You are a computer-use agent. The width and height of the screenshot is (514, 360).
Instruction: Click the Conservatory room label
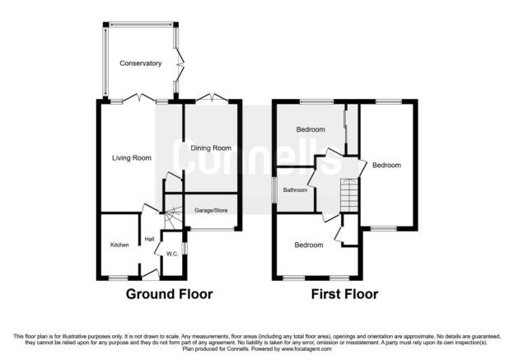pyautogui.click(x=140, y=63)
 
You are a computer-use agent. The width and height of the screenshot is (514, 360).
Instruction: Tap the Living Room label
pyautogui.click(x=132, y=158)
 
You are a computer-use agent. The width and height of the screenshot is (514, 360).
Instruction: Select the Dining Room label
pyautogui.click(x=211, y=148)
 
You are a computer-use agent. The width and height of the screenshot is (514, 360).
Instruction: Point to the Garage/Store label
pyautogui.click(x=211, y=211)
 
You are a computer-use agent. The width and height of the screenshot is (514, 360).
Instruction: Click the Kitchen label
pyautogui.click(x=119, y=245)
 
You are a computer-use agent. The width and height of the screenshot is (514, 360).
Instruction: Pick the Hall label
pyautogui.click(x=149, y=240)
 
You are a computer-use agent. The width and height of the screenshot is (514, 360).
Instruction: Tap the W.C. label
pyautogui.click(x=172, y=254)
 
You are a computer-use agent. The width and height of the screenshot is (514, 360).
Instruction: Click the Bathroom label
pyautogui.click(x=295, y=190)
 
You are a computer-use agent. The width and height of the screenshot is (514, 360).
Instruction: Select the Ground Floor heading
pyautogui.click(x=169, y=294)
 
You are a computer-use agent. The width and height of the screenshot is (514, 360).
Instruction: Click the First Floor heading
pyautogui.click(x=344, y=294)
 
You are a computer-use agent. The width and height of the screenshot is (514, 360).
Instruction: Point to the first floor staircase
pyautogui.click(x=350, y=195)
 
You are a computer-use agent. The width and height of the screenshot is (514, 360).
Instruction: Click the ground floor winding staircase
pyautogui.click(x=173, y=217)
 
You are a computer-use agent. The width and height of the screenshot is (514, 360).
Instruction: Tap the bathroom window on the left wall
pyautogui.click(x=274, y=189)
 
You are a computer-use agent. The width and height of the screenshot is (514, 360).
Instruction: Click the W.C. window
pyautogui.click(x=185, y=248)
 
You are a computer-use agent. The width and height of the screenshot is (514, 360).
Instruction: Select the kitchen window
pyautogui.click(x=118, y=278)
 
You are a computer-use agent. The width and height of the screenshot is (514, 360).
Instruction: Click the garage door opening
pyautogui.click(x=212, y=229)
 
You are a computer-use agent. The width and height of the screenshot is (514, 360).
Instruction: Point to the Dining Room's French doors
pyautogui.click(x=212, y=97)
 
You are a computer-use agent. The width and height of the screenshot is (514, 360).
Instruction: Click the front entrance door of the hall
pyautogui.click(x=151, y=275)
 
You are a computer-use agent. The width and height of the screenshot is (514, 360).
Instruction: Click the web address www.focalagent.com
pyautogui.click(x=306, y=348)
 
